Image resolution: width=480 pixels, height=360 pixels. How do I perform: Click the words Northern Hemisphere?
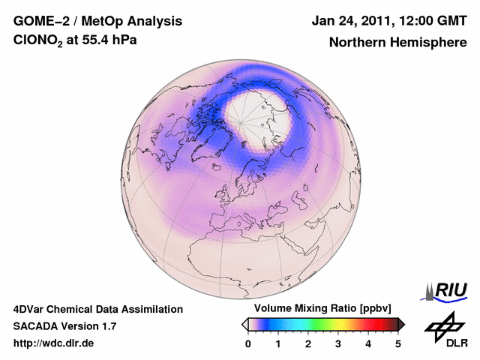(x=397, y=42)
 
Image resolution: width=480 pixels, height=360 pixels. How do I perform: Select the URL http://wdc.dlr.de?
(x=54, y=343)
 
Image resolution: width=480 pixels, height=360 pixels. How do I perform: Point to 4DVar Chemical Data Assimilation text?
(x=97, y=309)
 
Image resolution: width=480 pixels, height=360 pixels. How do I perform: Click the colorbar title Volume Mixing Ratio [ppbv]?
(x=323, y=309)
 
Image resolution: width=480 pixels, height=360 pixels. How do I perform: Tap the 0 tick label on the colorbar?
(x=248, y=343)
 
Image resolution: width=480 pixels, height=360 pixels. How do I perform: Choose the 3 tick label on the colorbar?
(x=338, y=343)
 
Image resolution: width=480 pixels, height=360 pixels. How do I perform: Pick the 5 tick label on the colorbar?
(x=398, y=343)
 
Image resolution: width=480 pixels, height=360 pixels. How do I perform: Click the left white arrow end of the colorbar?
(x=244, y=324)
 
